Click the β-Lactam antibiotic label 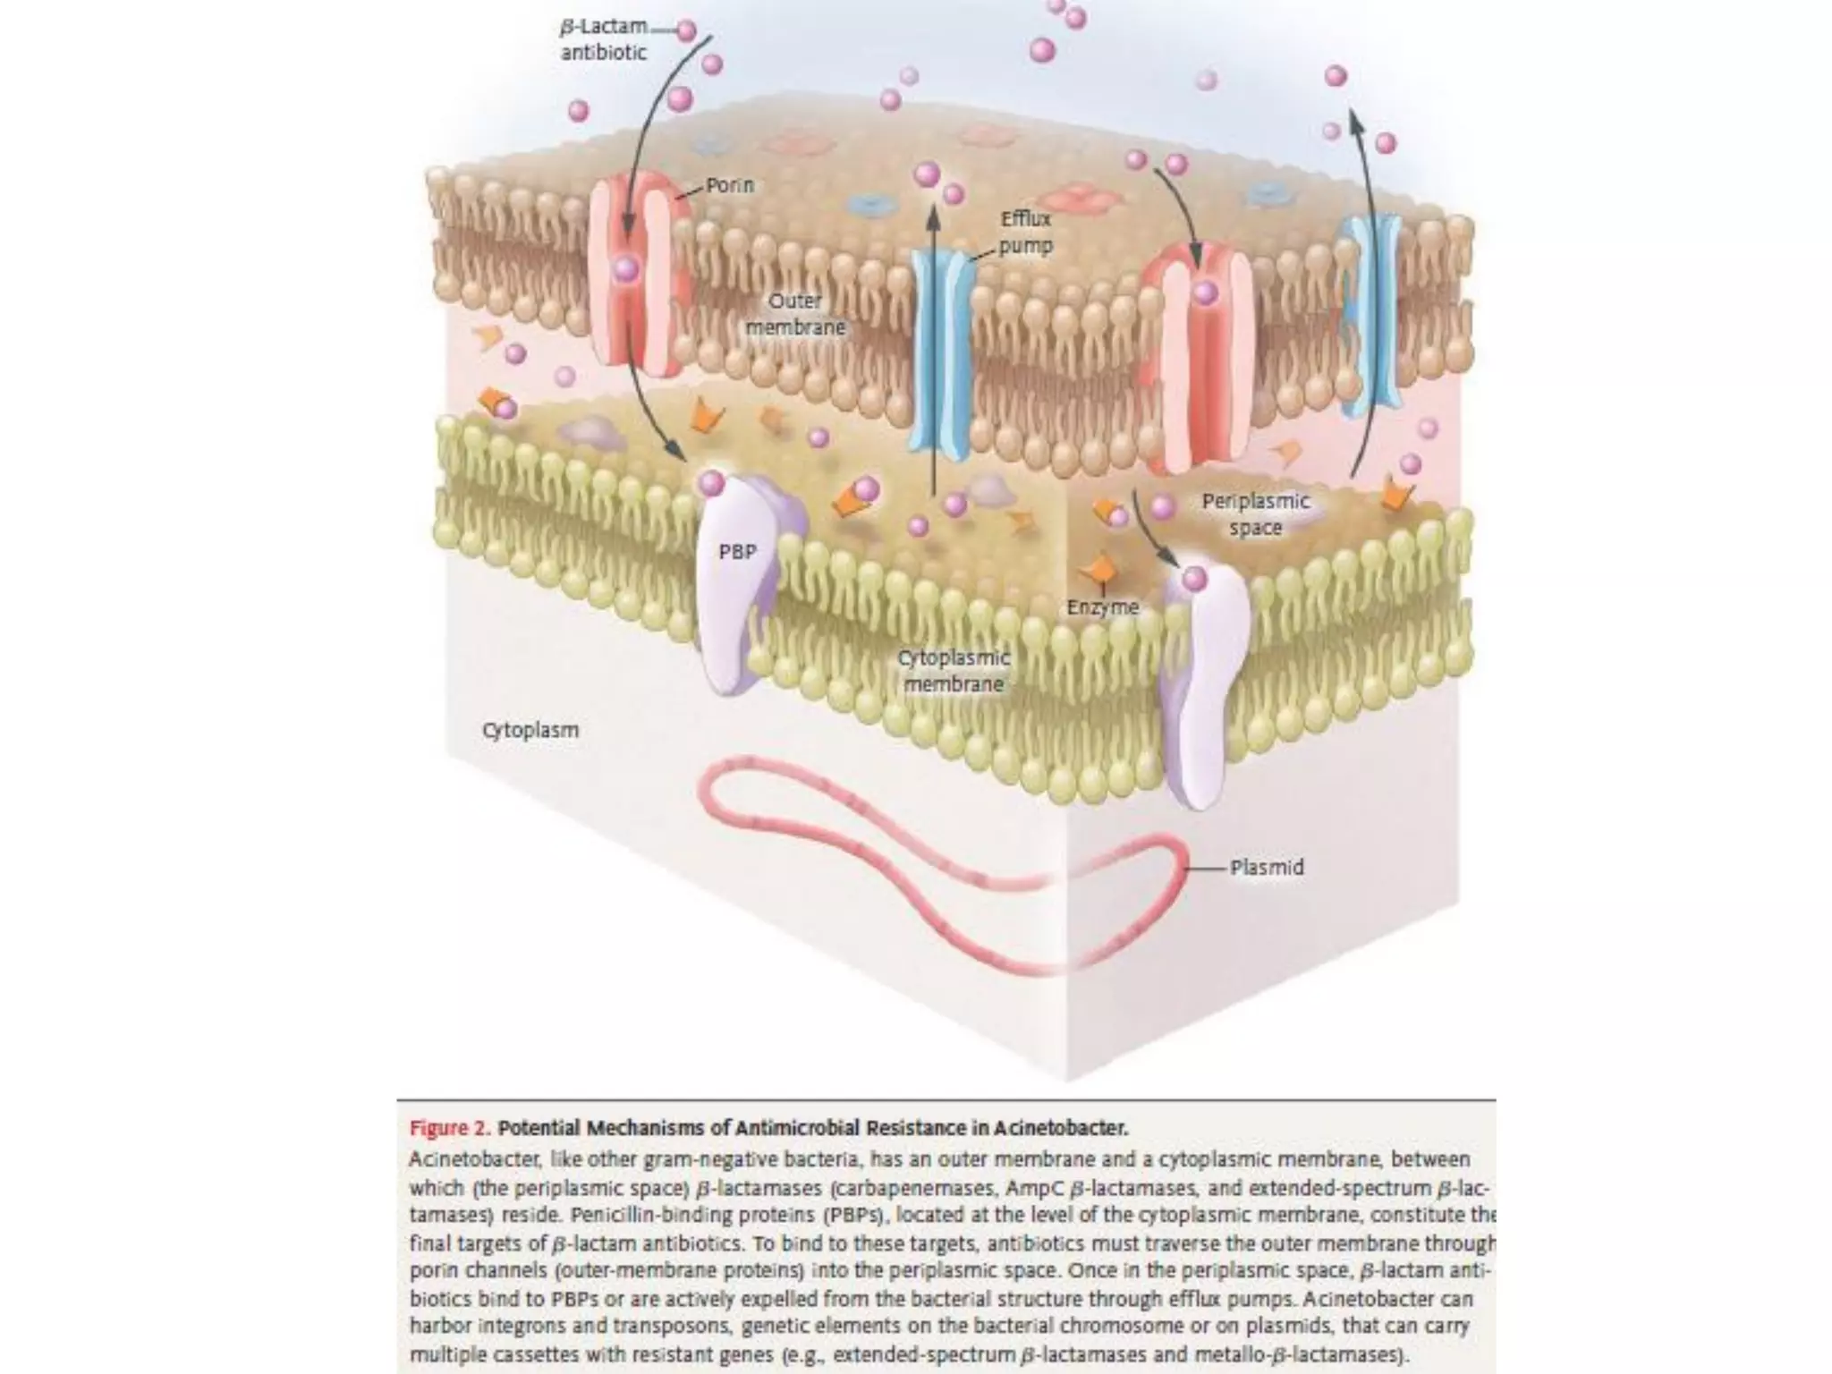tap(603, 40)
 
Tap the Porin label tap(730, 185)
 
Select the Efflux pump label tap(1025, 232)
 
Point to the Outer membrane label tap(795, 314)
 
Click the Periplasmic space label tap(1255, 514)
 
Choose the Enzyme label tap(1102, 607)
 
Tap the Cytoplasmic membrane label tap(954, 671)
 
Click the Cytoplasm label tap(530, 730)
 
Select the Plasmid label tap(1267, 868)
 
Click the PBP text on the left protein tap(737, 552)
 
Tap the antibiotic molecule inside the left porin tap(626, 267)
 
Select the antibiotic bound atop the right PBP tap(1194, 579)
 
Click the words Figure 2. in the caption tap(450, 1128)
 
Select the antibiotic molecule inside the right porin tap(1205, 293)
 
